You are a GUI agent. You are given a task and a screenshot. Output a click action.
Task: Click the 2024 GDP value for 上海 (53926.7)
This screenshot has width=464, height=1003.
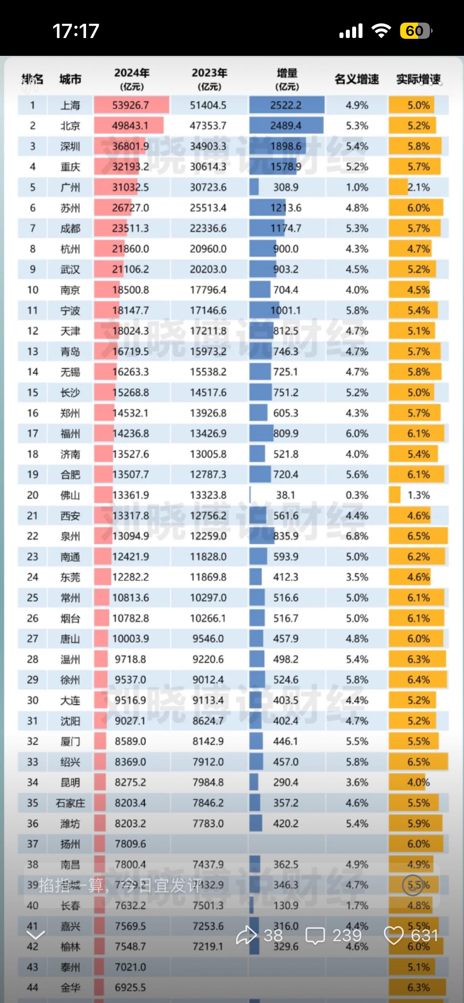tap(130, 105)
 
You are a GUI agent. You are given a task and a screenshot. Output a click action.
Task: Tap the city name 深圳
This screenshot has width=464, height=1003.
tap(70, 147)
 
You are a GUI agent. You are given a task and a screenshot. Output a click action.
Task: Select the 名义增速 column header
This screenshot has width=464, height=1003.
tap(357, 79)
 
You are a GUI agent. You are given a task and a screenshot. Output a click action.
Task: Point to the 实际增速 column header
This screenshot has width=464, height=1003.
tap(418, 79)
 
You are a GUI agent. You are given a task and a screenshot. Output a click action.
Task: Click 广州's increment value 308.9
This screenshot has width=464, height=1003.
tap(286, 187)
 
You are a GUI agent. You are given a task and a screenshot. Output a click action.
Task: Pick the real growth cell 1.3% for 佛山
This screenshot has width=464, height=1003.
tap(418, 495)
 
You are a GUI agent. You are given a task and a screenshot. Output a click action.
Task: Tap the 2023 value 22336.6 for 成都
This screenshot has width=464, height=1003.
tap(208, 229)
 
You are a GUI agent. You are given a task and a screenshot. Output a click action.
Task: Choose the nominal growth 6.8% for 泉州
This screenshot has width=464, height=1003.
tap(357, 536)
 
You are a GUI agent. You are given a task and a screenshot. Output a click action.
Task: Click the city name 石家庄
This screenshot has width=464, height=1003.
tap(70, 803)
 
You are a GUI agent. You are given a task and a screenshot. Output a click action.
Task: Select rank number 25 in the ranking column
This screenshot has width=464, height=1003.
tap(33, 598)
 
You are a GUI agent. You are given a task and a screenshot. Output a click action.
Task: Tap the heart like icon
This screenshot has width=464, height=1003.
tap(394, 936)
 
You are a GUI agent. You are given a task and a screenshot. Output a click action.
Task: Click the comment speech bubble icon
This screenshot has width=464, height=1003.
tap(315, 936)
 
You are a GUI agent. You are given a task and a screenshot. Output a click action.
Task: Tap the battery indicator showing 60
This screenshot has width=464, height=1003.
tap(415, 31)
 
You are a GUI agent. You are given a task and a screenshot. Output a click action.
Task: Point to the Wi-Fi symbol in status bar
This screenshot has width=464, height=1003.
tap(381, 31)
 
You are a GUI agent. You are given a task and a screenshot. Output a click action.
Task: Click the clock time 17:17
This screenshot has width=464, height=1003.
tap(76, 31)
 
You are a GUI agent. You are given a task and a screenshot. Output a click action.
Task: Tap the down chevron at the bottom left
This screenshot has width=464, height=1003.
tap(35, 936)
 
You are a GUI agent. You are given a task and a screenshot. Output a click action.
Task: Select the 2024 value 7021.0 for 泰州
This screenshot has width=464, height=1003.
tap(130, 967)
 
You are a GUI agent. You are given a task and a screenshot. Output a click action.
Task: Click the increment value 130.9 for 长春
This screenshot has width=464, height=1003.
tap(286, 906)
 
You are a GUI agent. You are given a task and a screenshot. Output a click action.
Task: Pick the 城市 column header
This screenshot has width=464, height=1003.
tap(70, 79)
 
